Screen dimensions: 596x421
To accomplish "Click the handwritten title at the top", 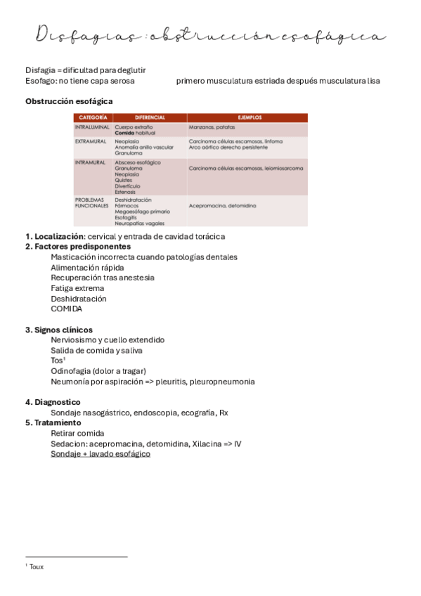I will (x=210, y=34).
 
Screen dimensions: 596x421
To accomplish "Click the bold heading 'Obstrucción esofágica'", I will (x=69, y=101).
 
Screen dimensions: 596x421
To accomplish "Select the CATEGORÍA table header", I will (x=93, y=117).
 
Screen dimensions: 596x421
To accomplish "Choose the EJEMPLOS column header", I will (x=248, y=117).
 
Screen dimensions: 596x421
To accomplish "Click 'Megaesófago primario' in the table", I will (x=142, y=212).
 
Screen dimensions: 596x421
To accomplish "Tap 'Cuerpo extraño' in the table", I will (x=132, y=127).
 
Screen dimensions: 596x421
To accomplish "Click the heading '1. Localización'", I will (x=55, y=237).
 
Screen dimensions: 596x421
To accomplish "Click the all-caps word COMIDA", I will (x=67, y=309).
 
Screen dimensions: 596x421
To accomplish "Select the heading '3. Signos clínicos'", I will (x=59, y=330).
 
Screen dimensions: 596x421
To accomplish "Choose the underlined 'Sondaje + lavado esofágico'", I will (x=101, y=454).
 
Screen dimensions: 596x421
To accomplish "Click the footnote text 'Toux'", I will (x=37, y=566).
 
